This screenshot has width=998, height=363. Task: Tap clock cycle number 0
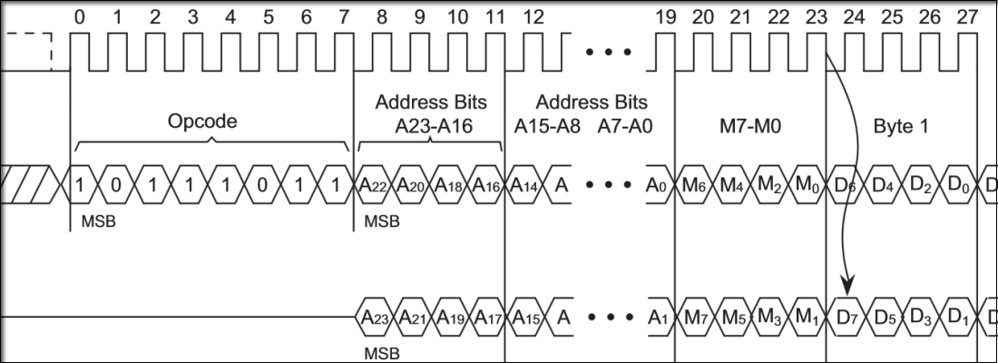pyautogui.click(x=80, y=16)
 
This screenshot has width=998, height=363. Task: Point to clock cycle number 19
pyautogui.click(x=665, y=16)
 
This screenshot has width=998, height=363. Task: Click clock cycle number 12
pyautogui.click(x=534, y=16)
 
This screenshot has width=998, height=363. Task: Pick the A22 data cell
pyautogui.click(x=375, y=186)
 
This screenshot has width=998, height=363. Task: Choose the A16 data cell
pyautogui.click(x=486, y=186)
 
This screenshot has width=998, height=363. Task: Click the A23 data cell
pyautogui.click(x=375, y=318)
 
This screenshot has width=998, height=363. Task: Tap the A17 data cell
pyautogui.click(x=486, y=318)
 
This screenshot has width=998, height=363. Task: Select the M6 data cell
pyautogui.click(x=695, y=186)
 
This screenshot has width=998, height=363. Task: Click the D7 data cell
pyautogui.click(x=845, y=318)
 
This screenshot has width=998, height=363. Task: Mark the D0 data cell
pyautogui.click(x=956, y=186)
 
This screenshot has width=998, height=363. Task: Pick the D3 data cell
pyautogui.click(x=919, y=318)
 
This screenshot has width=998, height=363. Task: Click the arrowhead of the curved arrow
pyautogui.click(x=848, y=289)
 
